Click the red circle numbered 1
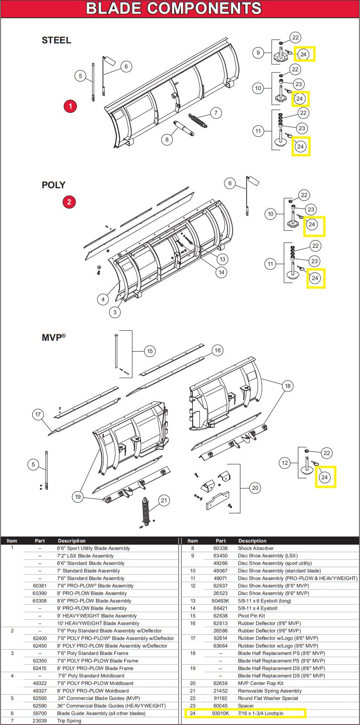tap(70, 106)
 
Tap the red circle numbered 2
tap(69, 202)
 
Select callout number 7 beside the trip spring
tap(216, 113)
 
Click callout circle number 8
tap(167, 140)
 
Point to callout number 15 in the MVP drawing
tap(150, 351)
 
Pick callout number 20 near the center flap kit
tap(255, 488)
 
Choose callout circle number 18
tap(287, 386)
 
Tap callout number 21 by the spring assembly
tap(164, 500)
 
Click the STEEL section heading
tap(56, 40)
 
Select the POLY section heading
tap(54, 185)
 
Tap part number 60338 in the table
tap(220, 548)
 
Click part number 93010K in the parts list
tap(221, 713)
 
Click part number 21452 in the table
tap(220, 691)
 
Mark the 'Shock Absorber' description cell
tap(256, 548)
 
